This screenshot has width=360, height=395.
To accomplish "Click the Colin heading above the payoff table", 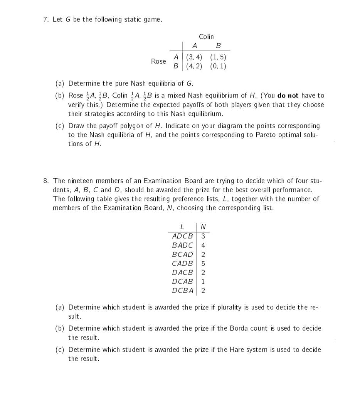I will [206, 37].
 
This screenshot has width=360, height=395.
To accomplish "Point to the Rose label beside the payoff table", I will [158, 61].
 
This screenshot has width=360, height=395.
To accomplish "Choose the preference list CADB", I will [182, 263].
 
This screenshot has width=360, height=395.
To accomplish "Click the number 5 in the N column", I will [203, 263].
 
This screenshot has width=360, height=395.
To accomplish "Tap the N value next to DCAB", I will [203, 282].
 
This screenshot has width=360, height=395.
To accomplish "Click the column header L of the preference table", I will [182, 226].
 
